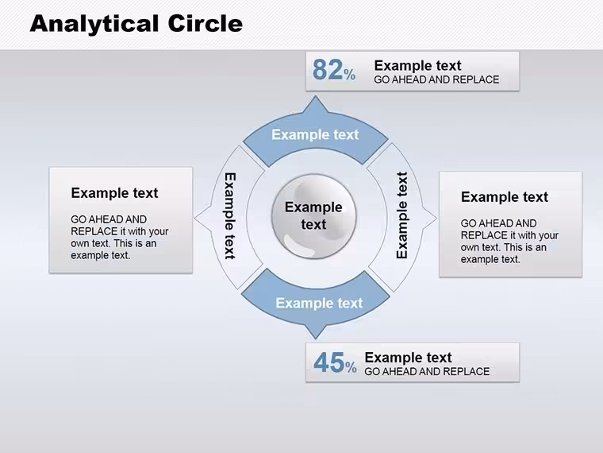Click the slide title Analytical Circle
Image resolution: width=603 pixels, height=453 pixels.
point(136,25)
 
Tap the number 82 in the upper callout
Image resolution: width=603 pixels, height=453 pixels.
point(328,70)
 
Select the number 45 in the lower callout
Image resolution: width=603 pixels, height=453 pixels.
point(328,362)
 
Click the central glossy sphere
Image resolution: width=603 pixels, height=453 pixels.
point(314,216)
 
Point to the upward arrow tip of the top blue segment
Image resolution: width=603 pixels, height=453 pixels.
point(316,96)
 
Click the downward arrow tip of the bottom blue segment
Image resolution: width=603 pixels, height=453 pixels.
point(316,339)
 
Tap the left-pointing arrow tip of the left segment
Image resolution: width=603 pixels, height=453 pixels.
point(195,219)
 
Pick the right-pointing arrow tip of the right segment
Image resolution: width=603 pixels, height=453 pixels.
point(436,219)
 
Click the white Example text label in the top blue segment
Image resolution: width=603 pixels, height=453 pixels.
point(315,134)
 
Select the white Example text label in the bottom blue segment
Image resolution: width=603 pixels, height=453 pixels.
point(319,303)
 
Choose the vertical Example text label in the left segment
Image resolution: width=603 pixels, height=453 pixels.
point(230,215)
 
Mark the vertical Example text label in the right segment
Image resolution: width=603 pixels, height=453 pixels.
point(402,215)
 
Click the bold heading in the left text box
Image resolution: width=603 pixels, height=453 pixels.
point(114,193)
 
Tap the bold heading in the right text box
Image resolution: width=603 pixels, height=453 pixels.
point(505,197)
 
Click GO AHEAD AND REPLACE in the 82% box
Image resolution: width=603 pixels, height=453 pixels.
point(436,79)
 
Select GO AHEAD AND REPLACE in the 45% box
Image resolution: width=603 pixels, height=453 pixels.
point(427,371)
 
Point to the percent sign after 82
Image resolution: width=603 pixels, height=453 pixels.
point(350,75)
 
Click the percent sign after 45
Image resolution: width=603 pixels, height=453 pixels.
point(351,367)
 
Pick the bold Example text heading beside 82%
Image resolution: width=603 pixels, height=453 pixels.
point(417,65)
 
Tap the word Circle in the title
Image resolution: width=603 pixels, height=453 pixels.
point(205,24)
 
